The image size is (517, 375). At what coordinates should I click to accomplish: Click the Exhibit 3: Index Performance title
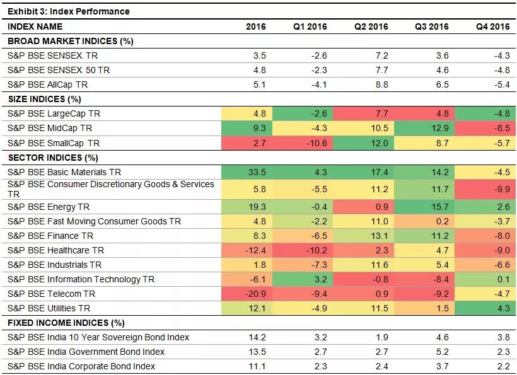(x=68, y=11)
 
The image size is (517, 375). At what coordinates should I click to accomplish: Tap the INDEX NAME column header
(x=35, y=26)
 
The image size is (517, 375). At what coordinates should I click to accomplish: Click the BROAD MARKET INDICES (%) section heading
(x=70, y=41)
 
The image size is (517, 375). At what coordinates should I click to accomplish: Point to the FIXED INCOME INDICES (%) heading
(x=66, y=323)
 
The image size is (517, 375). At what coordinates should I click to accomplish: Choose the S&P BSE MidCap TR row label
(x=54, y=129)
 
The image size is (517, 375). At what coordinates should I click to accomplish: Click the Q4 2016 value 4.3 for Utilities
(x=502, y=308)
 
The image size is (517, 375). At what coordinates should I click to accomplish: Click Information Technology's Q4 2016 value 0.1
(x=502, y=279)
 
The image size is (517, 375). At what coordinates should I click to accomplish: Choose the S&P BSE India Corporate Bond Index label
(x=81, y=366)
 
